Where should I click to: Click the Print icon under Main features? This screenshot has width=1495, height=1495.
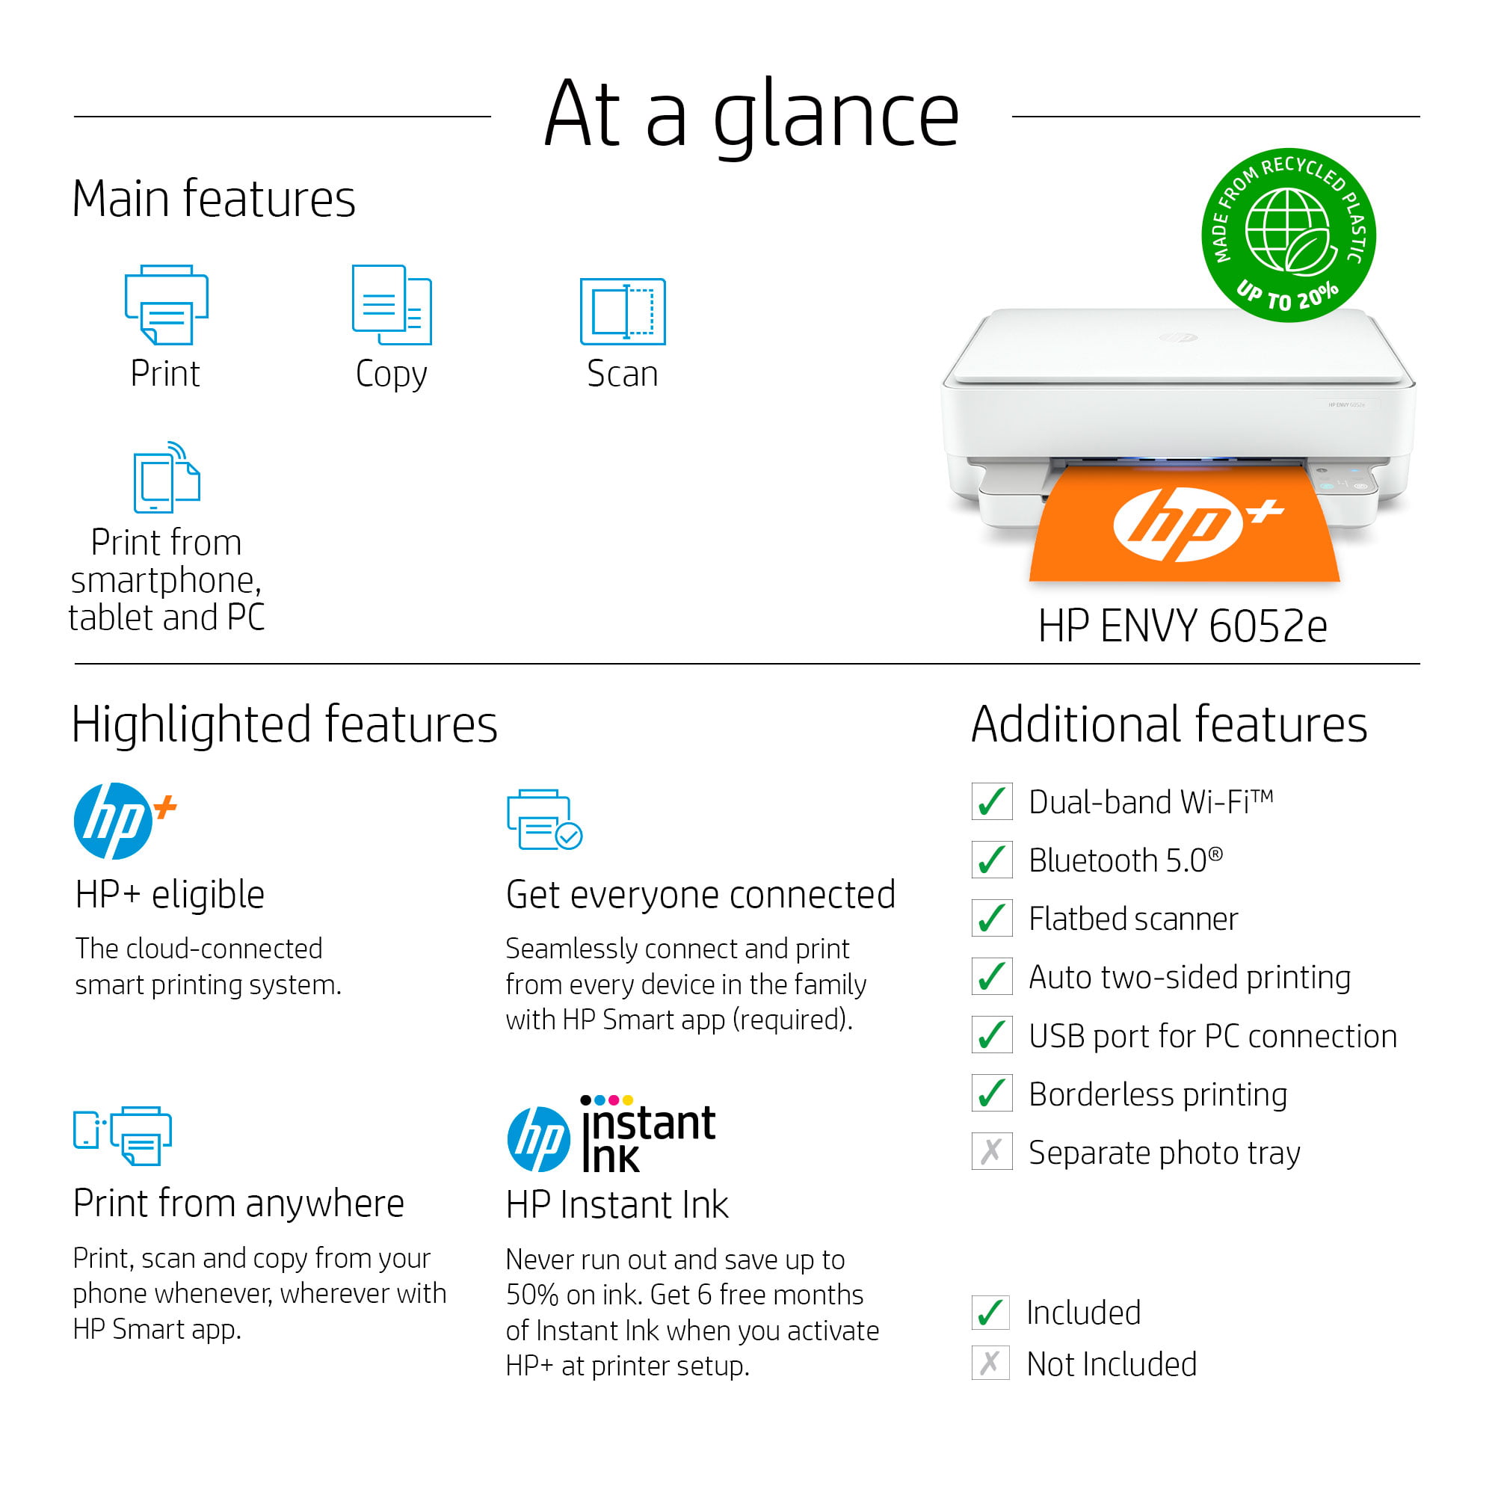(167, 304)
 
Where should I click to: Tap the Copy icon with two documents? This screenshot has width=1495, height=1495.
(392, 304)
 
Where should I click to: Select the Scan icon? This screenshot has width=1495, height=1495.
(622, 311)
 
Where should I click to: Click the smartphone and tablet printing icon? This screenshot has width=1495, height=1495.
(167, 477)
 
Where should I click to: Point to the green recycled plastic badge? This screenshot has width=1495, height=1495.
(1288, 235)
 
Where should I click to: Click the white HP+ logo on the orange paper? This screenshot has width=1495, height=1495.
(1196, 524)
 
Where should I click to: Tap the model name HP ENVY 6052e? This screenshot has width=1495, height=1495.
(1183, 625)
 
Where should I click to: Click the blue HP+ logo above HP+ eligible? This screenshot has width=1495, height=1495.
(125, 821)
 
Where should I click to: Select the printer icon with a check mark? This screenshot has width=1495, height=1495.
(544, 819)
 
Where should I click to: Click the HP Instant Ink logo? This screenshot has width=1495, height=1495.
(611, 1134)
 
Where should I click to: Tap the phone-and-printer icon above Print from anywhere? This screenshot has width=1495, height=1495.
(123, 1135)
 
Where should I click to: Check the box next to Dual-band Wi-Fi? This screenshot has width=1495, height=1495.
(991, 801)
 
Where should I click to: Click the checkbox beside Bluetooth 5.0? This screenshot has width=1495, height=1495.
(991, 860)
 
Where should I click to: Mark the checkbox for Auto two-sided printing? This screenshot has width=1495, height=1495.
(991, 976)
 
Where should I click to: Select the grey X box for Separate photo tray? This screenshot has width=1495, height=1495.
(991, 1151)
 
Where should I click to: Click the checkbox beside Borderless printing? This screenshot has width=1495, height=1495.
(991, 1094)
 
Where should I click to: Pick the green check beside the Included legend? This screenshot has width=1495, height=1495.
(990, 1313)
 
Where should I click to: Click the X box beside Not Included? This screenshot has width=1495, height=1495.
(990, 1363)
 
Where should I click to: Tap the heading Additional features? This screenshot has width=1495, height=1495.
(1169, 724)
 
